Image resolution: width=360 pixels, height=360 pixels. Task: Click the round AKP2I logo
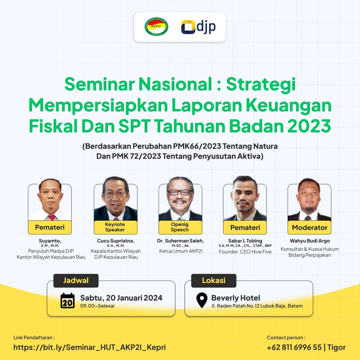[156, 27]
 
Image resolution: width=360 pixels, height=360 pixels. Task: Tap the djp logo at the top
[198, 27]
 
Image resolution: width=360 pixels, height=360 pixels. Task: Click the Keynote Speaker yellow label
[115, 227]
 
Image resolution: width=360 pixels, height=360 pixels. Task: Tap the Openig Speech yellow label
[180, 227]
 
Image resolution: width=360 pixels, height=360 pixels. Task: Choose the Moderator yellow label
[309, 228]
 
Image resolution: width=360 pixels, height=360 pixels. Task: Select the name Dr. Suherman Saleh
[181, 241]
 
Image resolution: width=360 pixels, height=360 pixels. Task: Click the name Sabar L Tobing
[245, 241]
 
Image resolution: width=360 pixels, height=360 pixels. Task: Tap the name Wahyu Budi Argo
[310, 241]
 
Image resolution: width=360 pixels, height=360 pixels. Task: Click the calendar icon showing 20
[68, 301]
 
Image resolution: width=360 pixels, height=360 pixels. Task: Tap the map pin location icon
[202, 300]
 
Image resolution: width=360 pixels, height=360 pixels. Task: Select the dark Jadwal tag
[76, 281]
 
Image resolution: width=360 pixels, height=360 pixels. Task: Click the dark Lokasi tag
[214, 281]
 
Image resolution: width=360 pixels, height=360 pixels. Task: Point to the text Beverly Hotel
[236, 298]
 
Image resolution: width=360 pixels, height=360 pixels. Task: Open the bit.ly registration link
[89, 347]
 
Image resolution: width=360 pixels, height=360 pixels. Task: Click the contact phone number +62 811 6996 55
[294, 347]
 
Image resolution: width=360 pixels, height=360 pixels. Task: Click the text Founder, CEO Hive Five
[245, 252]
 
